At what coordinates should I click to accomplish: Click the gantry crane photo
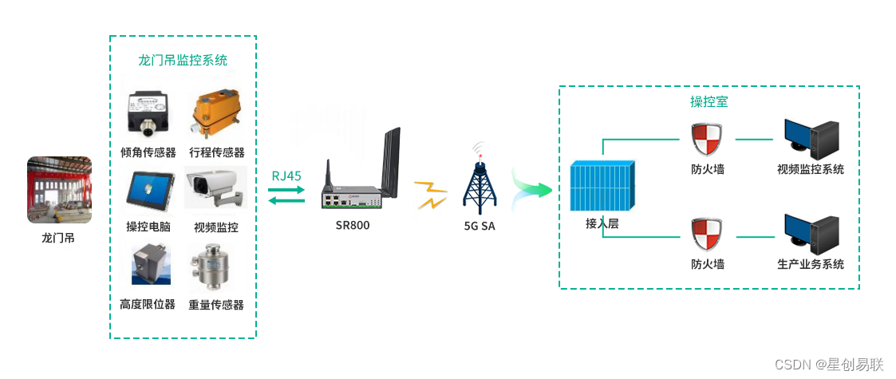pos(59,190)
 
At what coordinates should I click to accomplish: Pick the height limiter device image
pos(150,265)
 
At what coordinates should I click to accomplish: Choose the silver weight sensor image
pos(212,266)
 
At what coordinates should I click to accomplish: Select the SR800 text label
pos(353,226)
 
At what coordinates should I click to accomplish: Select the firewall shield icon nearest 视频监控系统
pos(708,140)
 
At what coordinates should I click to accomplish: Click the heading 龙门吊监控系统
pos(183,60)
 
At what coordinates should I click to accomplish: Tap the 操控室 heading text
pos(709,102)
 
